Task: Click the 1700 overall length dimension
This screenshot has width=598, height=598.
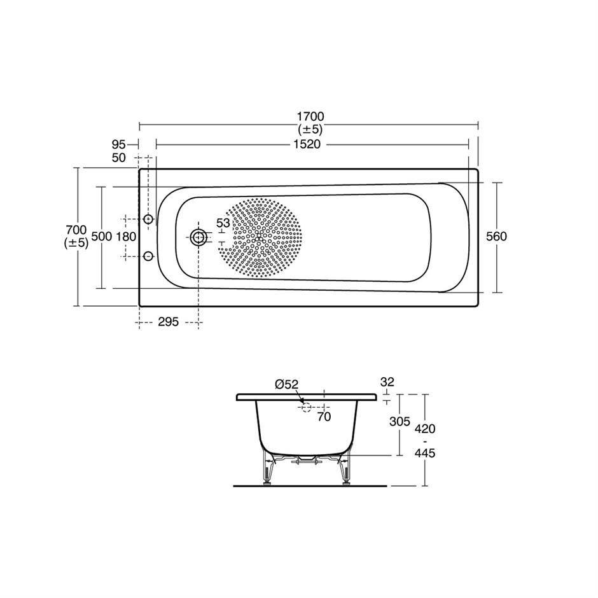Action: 309,116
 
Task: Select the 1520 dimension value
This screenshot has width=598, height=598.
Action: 306,144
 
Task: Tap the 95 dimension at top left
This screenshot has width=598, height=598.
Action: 118,144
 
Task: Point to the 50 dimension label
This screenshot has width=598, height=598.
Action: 118,157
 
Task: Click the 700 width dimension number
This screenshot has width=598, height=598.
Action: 76,229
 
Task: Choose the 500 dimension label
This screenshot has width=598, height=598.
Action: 102,236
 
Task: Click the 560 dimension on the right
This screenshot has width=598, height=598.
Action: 496,236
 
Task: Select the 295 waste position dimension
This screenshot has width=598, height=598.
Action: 167,323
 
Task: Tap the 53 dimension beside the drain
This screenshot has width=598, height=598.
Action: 223,223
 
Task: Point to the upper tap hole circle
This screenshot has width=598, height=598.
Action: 148,219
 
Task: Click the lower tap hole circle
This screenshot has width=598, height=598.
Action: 148,256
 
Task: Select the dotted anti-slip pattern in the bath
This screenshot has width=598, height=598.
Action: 260,237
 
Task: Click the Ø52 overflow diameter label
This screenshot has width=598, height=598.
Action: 286,384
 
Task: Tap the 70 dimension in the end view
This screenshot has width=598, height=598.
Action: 324,417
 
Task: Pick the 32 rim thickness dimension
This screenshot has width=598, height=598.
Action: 387,382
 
